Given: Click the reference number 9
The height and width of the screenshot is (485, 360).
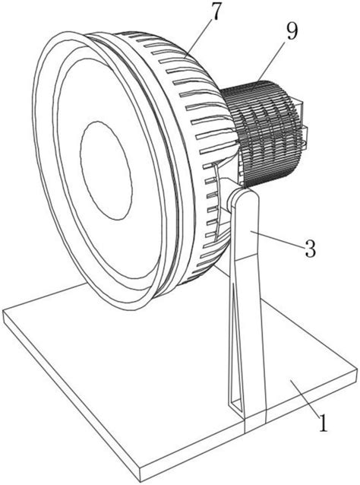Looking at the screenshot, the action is [x=292, y=32].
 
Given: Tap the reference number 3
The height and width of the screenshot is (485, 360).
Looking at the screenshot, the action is [x=311, y=249].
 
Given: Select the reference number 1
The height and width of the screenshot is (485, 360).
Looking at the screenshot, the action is [x=323, y=423].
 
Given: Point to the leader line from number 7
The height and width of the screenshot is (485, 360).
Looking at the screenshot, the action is [x=198, y=38].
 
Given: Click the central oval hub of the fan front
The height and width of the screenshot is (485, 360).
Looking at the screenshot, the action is [x=106, y=170].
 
